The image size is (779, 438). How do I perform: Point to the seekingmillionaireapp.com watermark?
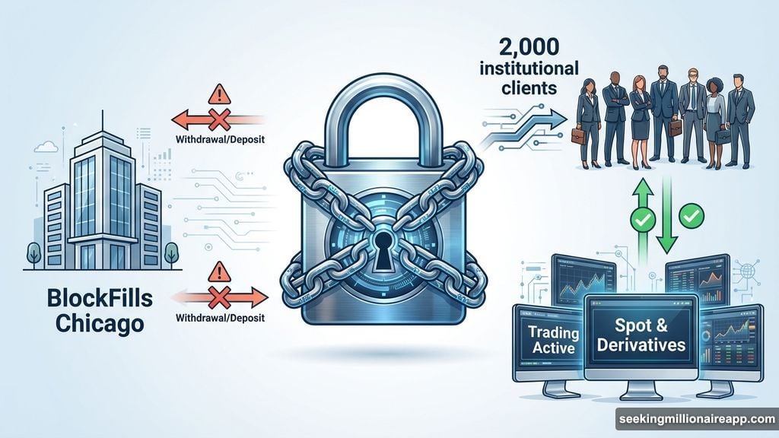[x=695, y=419]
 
